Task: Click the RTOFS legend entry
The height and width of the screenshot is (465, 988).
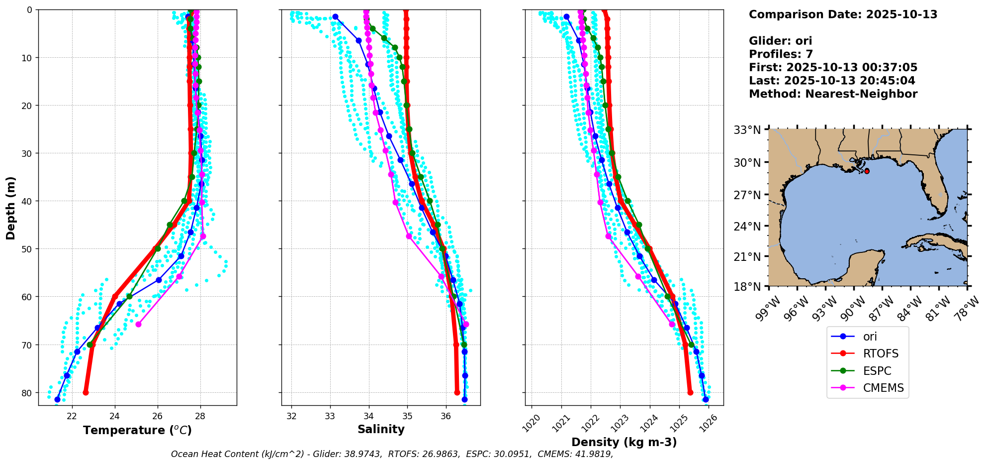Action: (x=881, y=354)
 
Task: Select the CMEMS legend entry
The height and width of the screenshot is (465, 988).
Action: (x=883, y=388)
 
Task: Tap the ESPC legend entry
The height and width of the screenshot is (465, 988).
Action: (x=877, y=371)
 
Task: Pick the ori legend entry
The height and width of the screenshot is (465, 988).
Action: (x=870, y=337)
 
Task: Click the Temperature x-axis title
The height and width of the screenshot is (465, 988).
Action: (x=137, y=430)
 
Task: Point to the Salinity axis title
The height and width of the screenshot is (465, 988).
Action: (x=381, y=430)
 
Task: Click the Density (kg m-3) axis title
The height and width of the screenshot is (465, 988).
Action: (x=624, y=442)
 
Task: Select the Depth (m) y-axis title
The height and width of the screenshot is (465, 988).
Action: (x=11, y=208)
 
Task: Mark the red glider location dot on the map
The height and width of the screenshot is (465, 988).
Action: (x=867, y=171)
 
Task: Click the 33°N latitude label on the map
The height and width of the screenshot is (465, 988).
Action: (x=747, y=130)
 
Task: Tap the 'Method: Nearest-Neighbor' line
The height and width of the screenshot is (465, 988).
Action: (x=833, y=94)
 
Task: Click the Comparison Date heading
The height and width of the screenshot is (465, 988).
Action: (x=843, y=14)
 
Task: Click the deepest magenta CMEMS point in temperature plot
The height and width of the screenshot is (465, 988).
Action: (x=138, y=325)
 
